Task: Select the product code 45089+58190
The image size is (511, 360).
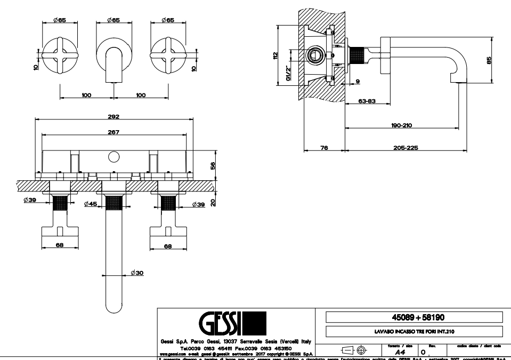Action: click(413, 317)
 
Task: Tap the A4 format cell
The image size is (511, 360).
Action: click(399, 353)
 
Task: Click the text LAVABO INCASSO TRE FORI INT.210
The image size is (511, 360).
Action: click(413, 332)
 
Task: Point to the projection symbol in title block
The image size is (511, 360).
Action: click(354, 350)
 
